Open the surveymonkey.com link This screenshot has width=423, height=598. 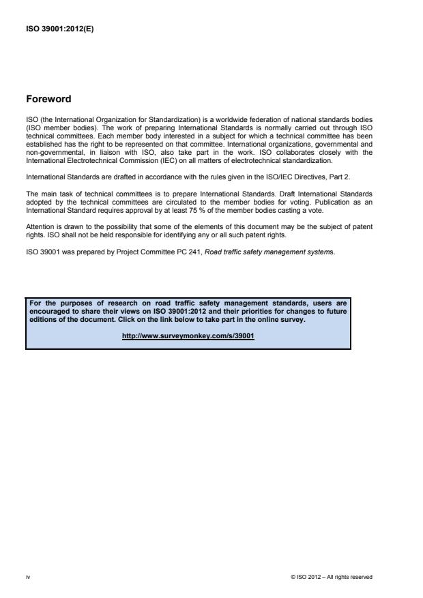[x=188, y=335]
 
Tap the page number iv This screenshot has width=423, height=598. [x=27, y=577]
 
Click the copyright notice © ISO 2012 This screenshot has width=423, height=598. [x=331, y=577]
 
